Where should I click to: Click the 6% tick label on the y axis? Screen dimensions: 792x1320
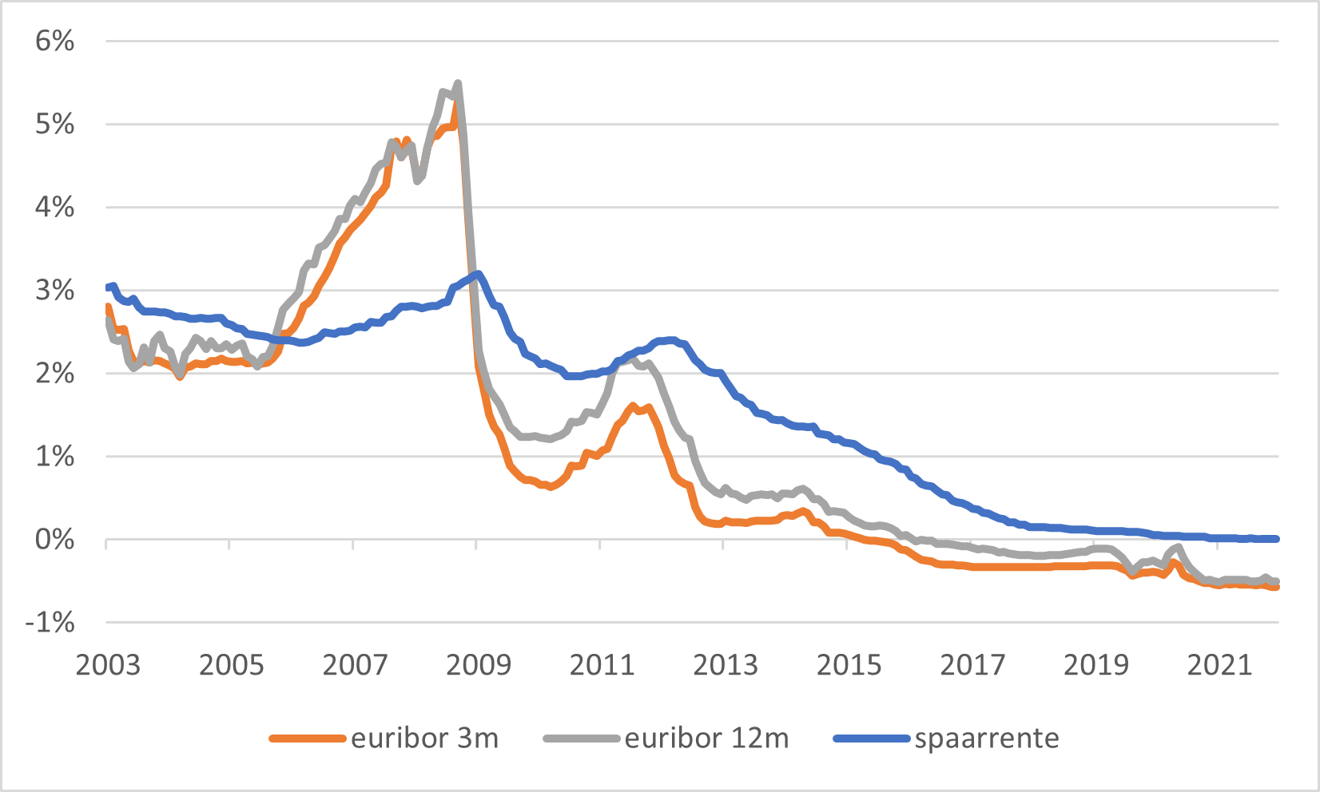coord(54,42)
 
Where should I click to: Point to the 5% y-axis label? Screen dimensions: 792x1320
coord(54,125)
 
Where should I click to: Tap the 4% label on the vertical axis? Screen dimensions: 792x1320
coord(54,208)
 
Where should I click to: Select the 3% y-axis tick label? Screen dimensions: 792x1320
coord(54,291)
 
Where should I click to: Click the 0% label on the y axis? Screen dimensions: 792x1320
coord(54,540)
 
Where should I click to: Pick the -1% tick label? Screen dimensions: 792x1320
coord(50,623)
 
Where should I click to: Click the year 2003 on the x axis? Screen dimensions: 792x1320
coord(107,664)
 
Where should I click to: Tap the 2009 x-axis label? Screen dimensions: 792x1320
coord(477,664)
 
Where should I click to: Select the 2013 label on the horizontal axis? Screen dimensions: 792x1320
coord(724,664)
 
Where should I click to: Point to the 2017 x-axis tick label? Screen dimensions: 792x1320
coord(971,664)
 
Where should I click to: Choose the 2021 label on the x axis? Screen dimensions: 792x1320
coord(1218,664)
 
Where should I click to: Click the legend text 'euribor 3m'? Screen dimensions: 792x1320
coord(424,739)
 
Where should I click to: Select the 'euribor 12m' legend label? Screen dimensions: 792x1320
coord(706,739)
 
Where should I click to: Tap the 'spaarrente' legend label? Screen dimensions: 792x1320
coord(987,739)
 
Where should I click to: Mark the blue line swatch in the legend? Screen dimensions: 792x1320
coord(872,739)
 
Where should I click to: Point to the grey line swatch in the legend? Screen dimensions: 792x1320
coord(582,739)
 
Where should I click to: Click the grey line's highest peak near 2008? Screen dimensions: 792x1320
coord(458,83)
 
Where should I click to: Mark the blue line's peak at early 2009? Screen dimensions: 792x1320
coord(477,274)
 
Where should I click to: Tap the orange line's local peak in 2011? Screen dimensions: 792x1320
coord(633,406)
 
